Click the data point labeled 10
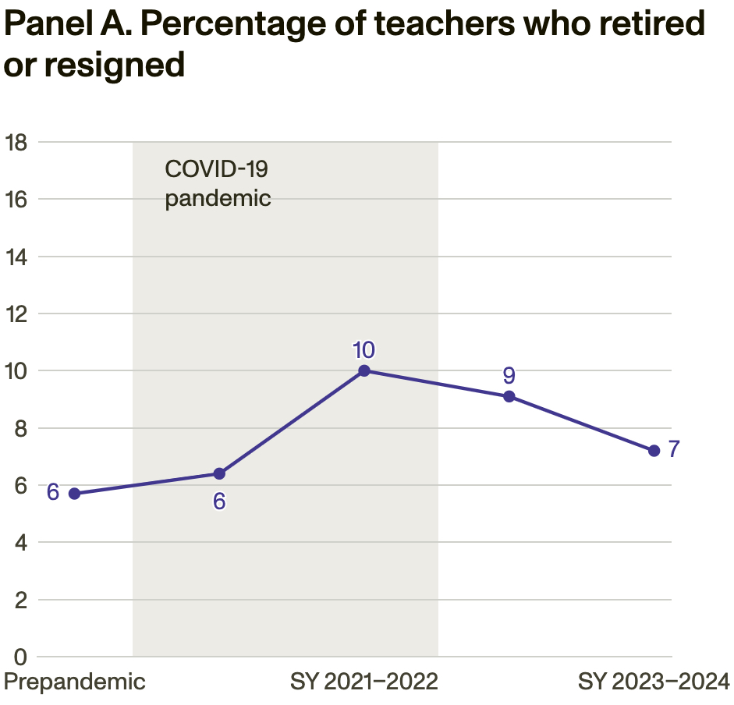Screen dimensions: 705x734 pyautogui.click(x=364, y=370)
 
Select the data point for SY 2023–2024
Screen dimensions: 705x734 pyautogui.click(x=654, y=451)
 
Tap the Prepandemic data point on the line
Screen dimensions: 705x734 pyautogui.click(x=75, y=494)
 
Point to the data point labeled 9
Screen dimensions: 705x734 pyautogui.click(x=509, y=396)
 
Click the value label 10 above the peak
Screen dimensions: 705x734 pyautogui.click(x=363, y=350)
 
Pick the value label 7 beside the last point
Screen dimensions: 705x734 pyautogui.click(x=674, y=450)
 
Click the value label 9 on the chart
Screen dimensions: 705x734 pyautogui.click(x=509, y=376)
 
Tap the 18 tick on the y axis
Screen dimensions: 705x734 pyautogui.click(x=16, y=142)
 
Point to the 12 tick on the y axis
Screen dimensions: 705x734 pyautogui.click(x=16, y=314)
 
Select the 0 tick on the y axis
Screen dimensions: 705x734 pyautogui.click(x=20, y=657)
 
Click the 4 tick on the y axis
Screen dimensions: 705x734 pyautogui.click(x=20, y=542)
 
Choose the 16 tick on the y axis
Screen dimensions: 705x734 pyautogui.click(x=16, y=199)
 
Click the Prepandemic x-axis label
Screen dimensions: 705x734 pyautogui.click(x=75, y=682)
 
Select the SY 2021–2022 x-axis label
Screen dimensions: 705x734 pyautogui.click(x=364, y=682)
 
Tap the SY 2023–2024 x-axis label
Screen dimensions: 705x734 pyautogui.click(x=654, y=682)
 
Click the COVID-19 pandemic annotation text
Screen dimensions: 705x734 pyautogui.click(x=218, y=183)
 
